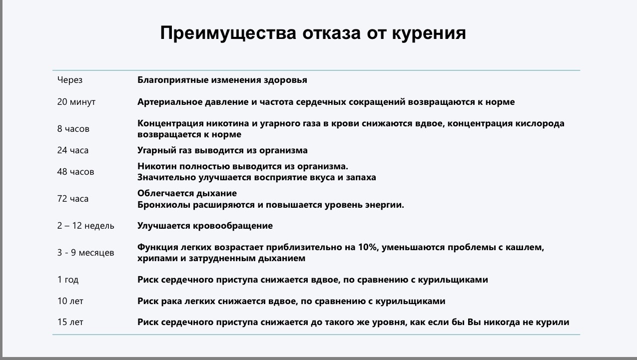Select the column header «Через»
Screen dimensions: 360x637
pos(70,80)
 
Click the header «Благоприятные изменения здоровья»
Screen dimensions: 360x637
pos(222,80)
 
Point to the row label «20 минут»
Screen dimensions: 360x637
pos(76,102)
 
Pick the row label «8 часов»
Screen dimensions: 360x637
pos(73,129)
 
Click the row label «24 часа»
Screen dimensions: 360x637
pos(73,150)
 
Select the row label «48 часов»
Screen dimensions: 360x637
pos(75,172)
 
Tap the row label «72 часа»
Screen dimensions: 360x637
pos(73,199)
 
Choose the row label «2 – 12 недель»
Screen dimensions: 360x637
pos(85,226)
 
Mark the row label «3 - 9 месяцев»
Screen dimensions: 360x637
pos(85,253)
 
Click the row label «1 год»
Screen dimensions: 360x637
pos(68,280)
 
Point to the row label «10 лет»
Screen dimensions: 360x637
pos(70,302)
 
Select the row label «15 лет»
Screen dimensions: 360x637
pos(70,323)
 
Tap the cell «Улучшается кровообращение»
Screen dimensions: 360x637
pos(205,226)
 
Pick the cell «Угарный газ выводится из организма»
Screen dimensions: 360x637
pos(222,150)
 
